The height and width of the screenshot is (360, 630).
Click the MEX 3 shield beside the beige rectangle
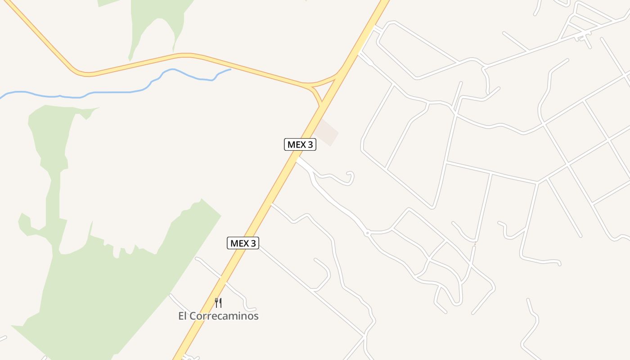tap(300, 144)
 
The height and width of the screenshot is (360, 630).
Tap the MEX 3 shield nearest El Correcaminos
tap(243, 243)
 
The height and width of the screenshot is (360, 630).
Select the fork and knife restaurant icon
tap(218, 302)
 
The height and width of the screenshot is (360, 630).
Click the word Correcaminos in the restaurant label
tap(224, 316)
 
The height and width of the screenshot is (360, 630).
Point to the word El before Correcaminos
tap(182, 316)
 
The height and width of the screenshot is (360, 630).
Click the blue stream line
tap(112, 92)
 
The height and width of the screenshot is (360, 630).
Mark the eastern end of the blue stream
tap(230, 69)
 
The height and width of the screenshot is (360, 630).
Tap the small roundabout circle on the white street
tap(367, 233)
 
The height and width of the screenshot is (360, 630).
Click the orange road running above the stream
tap(189, 55)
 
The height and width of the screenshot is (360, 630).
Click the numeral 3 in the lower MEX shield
tap(253, 243)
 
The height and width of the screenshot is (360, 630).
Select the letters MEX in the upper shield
tap(297, 144)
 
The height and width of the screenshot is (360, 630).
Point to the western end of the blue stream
tap(1, 97)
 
